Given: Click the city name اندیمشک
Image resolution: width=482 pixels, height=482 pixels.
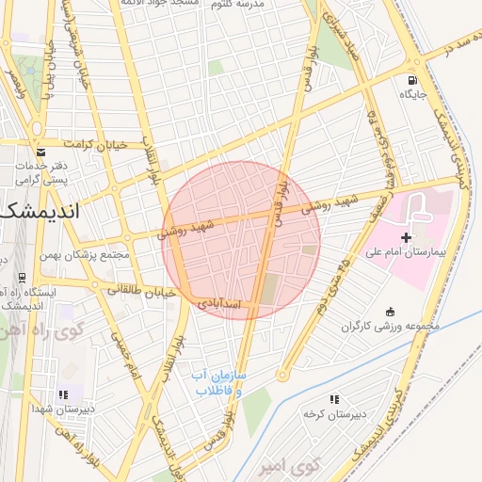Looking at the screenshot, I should [x=38, y=211].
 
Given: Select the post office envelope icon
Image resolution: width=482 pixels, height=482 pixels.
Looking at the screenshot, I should [x=40, y=151].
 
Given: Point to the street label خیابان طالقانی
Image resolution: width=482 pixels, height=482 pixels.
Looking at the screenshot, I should [x=141, y=291].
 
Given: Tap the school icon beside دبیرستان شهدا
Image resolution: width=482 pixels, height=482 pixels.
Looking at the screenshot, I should [x=63, y=394].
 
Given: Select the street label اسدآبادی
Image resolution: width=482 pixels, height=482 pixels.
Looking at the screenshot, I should [x=220, y=305].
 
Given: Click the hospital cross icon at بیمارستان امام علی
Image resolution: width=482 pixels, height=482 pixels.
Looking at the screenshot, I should [x=406, y=237].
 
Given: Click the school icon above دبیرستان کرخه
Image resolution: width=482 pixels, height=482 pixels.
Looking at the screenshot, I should [x=334, y=400].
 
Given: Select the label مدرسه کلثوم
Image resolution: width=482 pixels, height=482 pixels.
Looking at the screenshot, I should [x=261, y=5].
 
